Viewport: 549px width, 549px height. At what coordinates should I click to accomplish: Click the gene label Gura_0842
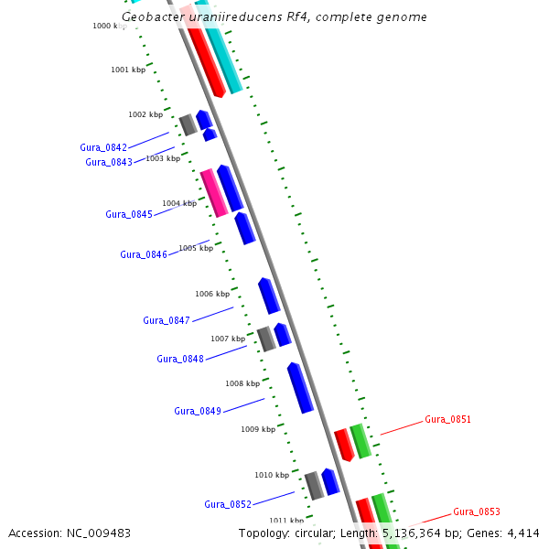point(103,147)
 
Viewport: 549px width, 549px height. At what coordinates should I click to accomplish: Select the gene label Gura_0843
point(109,162)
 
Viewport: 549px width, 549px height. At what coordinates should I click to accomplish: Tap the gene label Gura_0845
point(129,214)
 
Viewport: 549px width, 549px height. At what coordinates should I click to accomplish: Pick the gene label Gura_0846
point(144,254)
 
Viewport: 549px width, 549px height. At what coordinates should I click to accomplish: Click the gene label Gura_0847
point(167,320)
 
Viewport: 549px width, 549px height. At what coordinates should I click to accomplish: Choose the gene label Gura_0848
point(180,359)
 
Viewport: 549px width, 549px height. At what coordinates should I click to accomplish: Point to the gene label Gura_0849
point(198,411)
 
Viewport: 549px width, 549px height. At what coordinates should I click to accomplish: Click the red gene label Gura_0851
point(448,420)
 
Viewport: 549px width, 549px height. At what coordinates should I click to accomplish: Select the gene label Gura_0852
point(228,504)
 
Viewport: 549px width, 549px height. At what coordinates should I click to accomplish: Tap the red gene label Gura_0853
point(477,511)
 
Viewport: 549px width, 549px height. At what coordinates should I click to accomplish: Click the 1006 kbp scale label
point(211,294)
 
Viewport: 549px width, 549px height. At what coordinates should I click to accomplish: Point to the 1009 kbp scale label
point(258,429)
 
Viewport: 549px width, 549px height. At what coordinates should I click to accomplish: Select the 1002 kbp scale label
point(145,114)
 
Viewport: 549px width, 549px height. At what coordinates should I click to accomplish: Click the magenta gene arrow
point(213,192)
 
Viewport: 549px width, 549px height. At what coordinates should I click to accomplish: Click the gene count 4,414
point(521,533)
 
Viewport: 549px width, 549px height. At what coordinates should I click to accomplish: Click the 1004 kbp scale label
point(179,203)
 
